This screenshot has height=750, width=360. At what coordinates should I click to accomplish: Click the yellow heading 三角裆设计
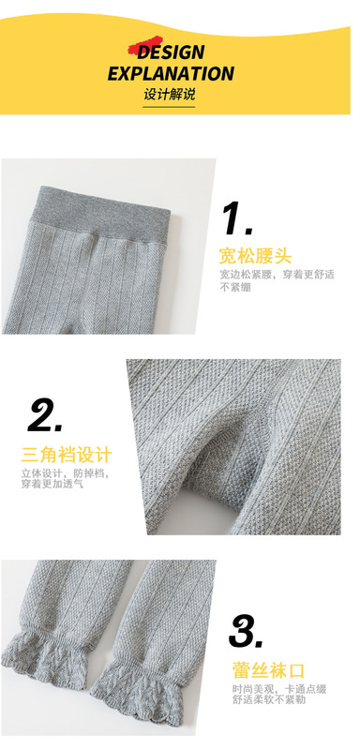click(x=67, y=456)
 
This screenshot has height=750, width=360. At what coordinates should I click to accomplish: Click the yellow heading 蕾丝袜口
click(x=268, y=669)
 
